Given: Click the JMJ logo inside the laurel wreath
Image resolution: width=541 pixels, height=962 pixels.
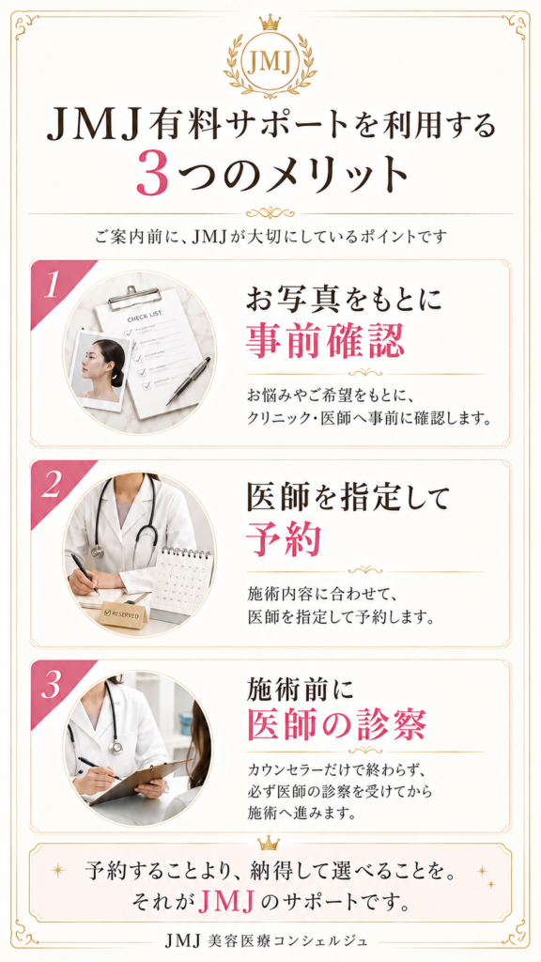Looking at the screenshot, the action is point(270,62).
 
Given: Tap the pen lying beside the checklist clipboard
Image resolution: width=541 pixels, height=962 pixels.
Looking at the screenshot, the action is point(188,380).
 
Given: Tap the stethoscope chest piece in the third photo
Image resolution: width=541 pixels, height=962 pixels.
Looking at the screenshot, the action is point(115,747).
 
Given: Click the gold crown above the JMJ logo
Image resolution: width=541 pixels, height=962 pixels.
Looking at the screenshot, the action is point(270,23).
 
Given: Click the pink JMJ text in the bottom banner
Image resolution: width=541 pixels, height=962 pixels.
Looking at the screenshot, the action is point(227,902).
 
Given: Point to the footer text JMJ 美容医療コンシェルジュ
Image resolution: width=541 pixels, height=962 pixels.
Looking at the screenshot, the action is point(271,939).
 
